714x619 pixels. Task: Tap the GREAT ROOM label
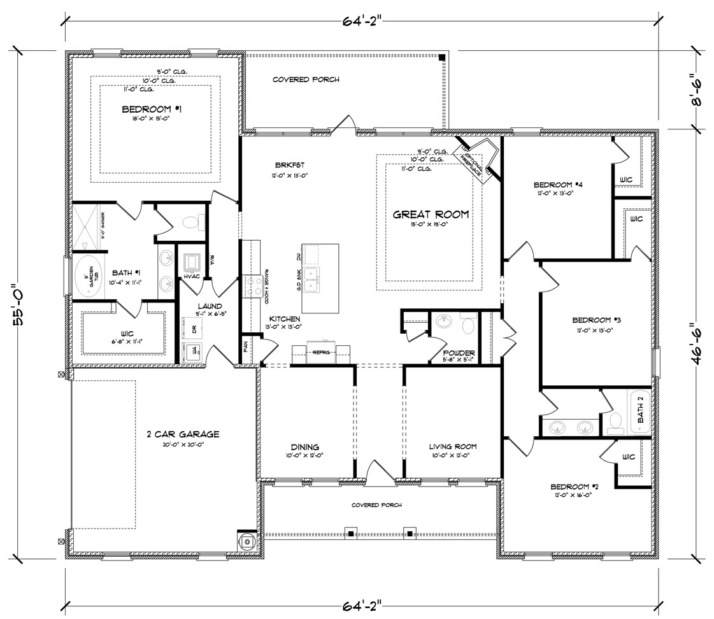[431, 215]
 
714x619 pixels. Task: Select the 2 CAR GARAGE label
[183, 434]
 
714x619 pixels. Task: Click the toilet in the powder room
[468, 326]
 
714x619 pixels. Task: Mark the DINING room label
[306, 447]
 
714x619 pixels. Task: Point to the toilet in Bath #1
[190, 222]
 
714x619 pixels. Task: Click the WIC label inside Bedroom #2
[628, 457]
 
